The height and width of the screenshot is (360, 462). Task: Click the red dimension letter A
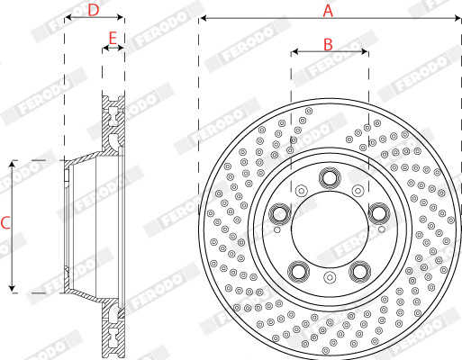coord(328,11)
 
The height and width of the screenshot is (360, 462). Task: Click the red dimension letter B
coord(328,45)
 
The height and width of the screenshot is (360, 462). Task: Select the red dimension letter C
coord(5,223)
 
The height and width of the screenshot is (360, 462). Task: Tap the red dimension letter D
coord(94,11)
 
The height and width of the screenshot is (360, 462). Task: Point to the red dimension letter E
coord(113,39)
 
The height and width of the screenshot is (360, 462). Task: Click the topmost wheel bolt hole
coord(330,178)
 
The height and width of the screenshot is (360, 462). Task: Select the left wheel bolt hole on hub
coord(280,213)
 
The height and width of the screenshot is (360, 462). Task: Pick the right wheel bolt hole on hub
coord(379,213)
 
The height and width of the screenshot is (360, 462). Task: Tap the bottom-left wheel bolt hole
coord(299,272)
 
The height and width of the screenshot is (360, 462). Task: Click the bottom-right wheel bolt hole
coord(359,272)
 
